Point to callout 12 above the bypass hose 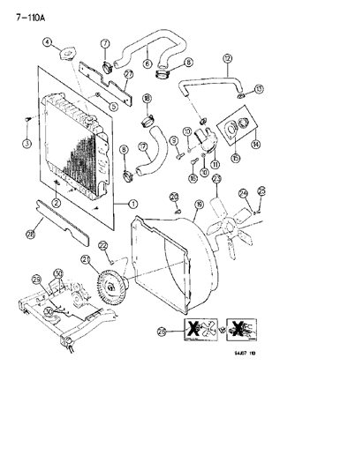point(227,59)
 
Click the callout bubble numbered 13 point(258,89)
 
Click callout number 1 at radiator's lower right point(134,204)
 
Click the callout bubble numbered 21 point(86,259)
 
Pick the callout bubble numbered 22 point(103,245)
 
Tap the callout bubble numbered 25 point(261,190)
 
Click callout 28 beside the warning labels point(161,332)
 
